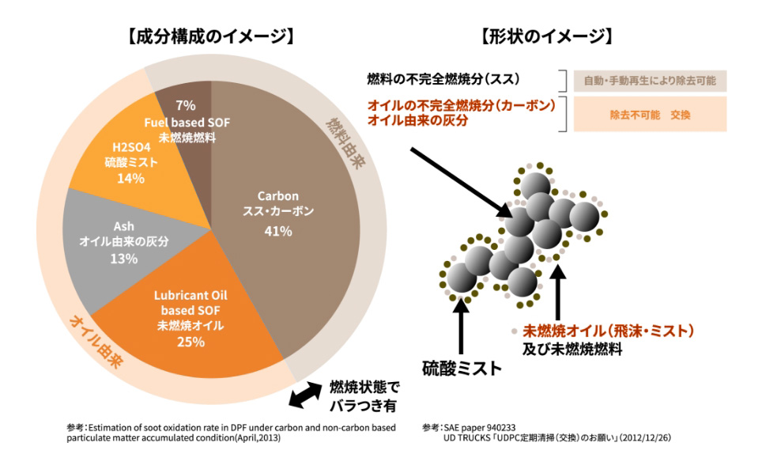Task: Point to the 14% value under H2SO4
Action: click(130, 179)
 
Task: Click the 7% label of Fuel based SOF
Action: click(185, 105)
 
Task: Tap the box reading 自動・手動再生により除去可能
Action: click(651, 81)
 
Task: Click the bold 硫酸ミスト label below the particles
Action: click(462, 367)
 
